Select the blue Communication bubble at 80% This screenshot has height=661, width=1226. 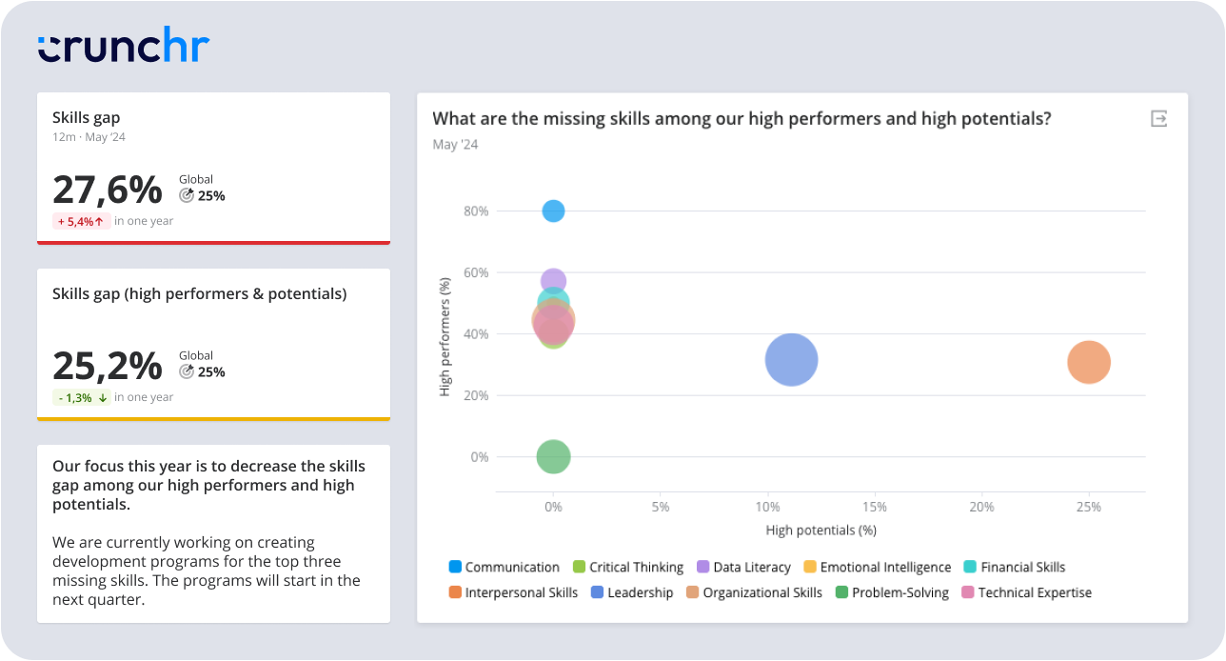click(x=553, y=210)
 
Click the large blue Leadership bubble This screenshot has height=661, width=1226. click(x=791, y=360)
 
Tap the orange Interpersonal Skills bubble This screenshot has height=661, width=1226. click(x=1089, y=362)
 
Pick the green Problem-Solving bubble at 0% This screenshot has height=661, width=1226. click(x=553, y=457)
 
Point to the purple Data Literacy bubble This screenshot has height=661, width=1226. click(x=553, y=280)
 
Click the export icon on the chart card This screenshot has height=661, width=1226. click(x=1158, y=119)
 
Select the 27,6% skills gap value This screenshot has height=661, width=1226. click(x=108, y=190)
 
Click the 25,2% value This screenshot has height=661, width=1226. click(x=108, y=366)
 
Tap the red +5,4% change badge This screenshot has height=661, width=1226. click(x=80, y=221)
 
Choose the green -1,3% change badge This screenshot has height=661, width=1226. click(x=81, y=397)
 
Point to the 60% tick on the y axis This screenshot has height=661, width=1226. click(x=476, y=272)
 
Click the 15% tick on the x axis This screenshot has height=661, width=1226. click(x=874, y=507)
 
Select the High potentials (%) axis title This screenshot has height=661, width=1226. click(x=821, y=530)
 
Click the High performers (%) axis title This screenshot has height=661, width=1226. click(x=445, y=336)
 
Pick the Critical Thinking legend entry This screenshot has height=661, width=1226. click(x=627, y=567)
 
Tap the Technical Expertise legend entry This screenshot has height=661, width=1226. click(x=1026, y=592)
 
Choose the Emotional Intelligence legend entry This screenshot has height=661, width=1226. click(x=877, y=567)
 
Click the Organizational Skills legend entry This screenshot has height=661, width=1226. click(x=753, y=592)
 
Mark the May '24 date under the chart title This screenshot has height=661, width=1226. click(x=455, y=145)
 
